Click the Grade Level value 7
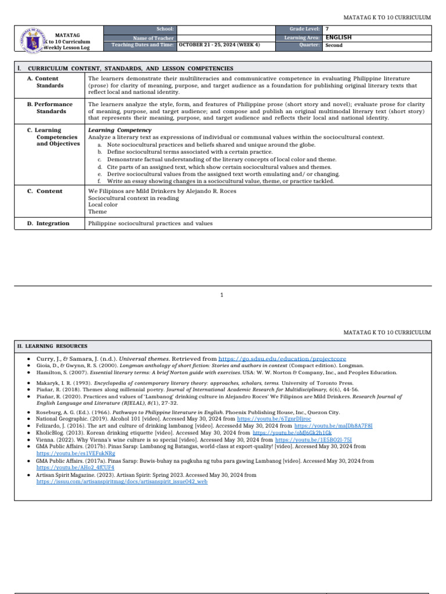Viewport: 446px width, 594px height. (x=328, y=28)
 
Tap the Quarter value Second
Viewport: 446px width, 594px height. (x=334, y=45)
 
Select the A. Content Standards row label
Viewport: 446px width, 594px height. (x=46, y=82)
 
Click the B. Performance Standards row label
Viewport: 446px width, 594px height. (x=49, y=108)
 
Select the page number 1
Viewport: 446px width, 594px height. (x=222, y=295)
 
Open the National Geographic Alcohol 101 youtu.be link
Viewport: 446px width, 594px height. (x=283, y=418)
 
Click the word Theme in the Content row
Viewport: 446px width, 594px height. (x=98, y=212)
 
